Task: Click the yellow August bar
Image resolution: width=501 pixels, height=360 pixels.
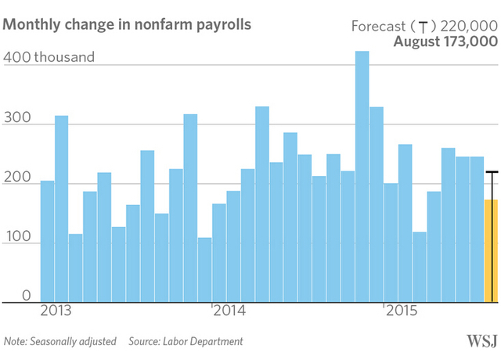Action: point(491,250)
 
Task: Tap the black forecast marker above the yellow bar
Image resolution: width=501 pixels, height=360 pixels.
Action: point(491,172)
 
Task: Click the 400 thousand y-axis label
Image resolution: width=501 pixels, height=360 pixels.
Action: point(49,57)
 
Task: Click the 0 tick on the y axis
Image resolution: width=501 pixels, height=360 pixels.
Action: point(25,296)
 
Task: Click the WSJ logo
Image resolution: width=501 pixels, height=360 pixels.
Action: point(479,341)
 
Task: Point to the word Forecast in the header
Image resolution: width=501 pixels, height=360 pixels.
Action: point(378,26)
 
